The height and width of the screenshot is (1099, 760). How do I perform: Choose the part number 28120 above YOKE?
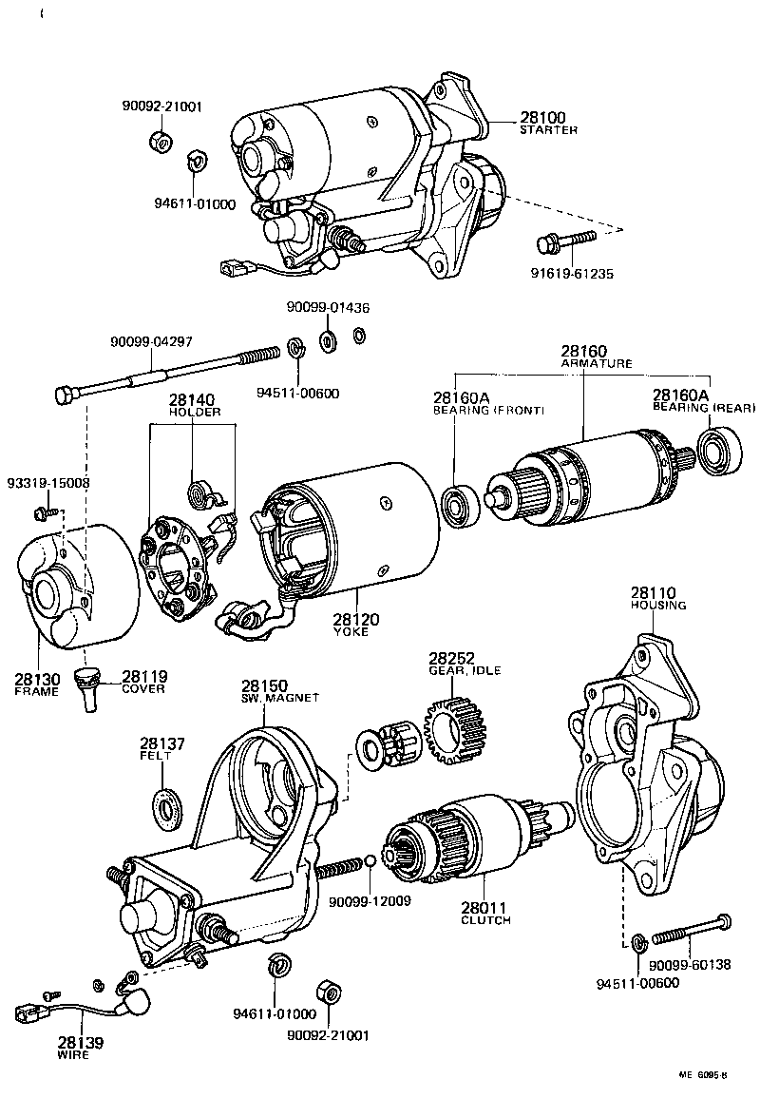(x=356, y=620)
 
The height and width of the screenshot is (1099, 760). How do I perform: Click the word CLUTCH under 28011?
(x=485, y=920)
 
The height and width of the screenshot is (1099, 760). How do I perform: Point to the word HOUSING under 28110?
(x=658, y=605)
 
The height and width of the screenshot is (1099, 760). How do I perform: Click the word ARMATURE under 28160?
(x=596, y=364)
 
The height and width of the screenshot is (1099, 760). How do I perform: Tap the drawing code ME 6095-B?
(x=702, y=1075)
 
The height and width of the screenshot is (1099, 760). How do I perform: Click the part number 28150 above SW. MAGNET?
(x=264, y=684)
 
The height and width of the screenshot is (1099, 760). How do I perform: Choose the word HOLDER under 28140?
(x=195, y=413)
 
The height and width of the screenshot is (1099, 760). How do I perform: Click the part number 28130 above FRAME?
(x=37, y=679)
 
